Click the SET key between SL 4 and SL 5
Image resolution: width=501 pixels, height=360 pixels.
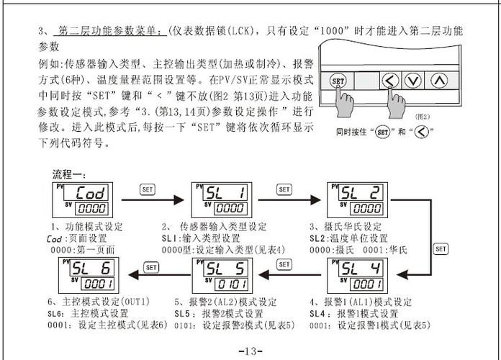(x=284, y=266)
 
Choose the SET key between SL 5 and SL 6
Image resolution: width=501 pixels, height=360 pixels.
(x=151, y=266)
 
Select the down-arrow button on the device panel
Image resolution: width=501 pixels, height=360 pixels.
(x=412, y=81)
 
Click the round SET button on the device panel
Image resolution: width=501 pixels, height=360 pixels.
(x=338, y=81)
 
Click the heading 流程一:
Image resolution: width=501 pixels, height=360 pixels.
(x=70, y=175)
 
